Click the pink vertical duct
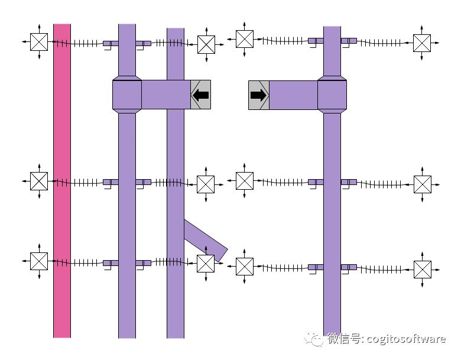click(x=62, y=177)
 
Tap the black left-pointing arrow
click(x=201, y=95)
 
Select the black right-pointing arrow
click(x=258, y=95)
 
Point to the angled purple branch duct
click(x=204, y=239)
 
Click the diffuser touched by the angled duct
click(x=206, y=264)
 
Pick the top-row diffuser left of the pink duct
click(x=39, y=42)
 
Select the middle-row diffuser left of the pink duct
click(x=39, y=181)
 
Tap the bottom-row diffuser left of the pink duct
click(x=39, y=261)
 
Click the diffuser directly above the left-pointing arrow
click(x=206, y=44)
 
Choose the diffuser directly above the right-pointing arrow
click(x=245, y=39)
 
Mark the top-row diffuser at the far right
click(x=422, y=43)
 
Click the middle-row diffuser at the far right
click(x=422, y=184)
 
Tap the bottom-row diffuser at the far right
click(x=422, y=270)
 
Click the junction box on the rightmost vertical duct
click(x=332, y=95)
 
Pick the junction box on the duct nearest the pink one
click(x=127, y=95)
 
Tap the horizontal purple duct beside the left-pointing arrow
click(x=166, y=95)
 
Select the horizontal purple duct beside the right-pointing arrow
click(x=293, y=95)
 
